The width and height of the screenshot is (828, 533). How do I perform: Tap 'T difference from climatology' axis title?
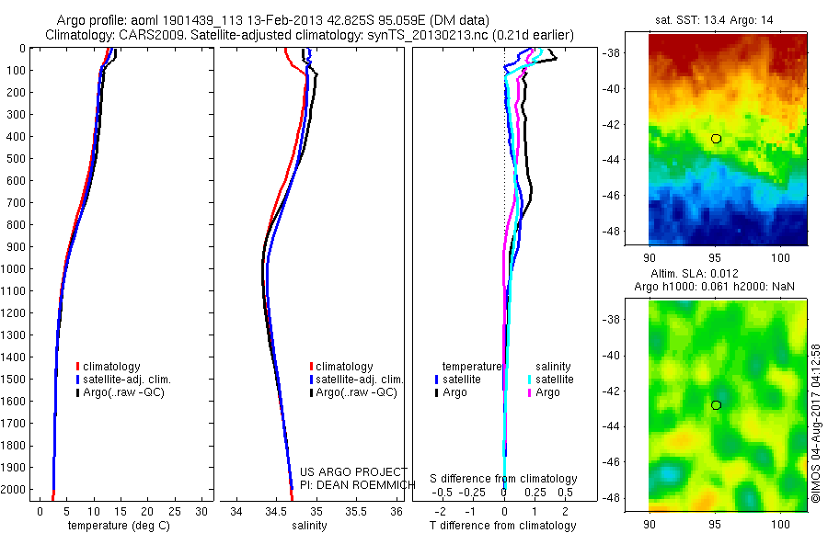pos(503,526)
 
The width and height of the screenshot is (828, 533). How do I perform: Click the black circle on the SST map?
pos(716,138)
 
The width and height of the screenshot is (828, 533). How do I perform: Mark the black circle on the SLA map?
pos(716,404)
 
